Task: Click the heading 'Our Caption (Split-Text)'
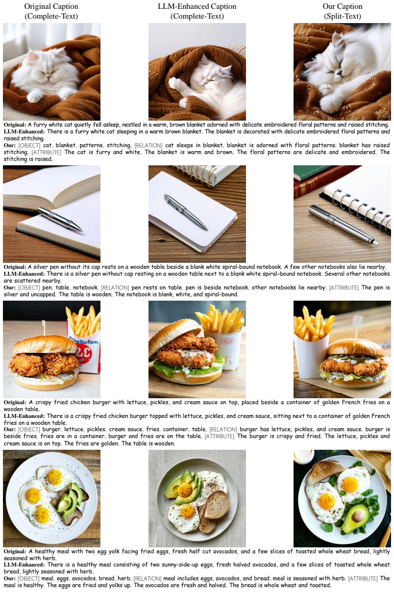click(342, 11)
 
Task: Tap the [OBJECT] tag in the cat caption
click(29, 145)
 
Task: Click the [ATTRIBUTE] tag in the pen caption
click(344, 287)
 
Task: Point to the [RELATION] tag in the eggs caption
click(148, 578)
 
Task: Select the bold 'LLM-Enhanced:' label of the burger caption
click(24, 416)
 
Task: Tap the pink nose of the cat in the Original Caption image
click(49, 77)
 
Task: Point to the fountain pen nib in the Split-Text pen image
click(375, 242)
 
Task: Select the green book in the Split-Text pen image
click(312, 172)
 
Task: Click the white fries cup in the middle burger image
click(226, 348)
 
